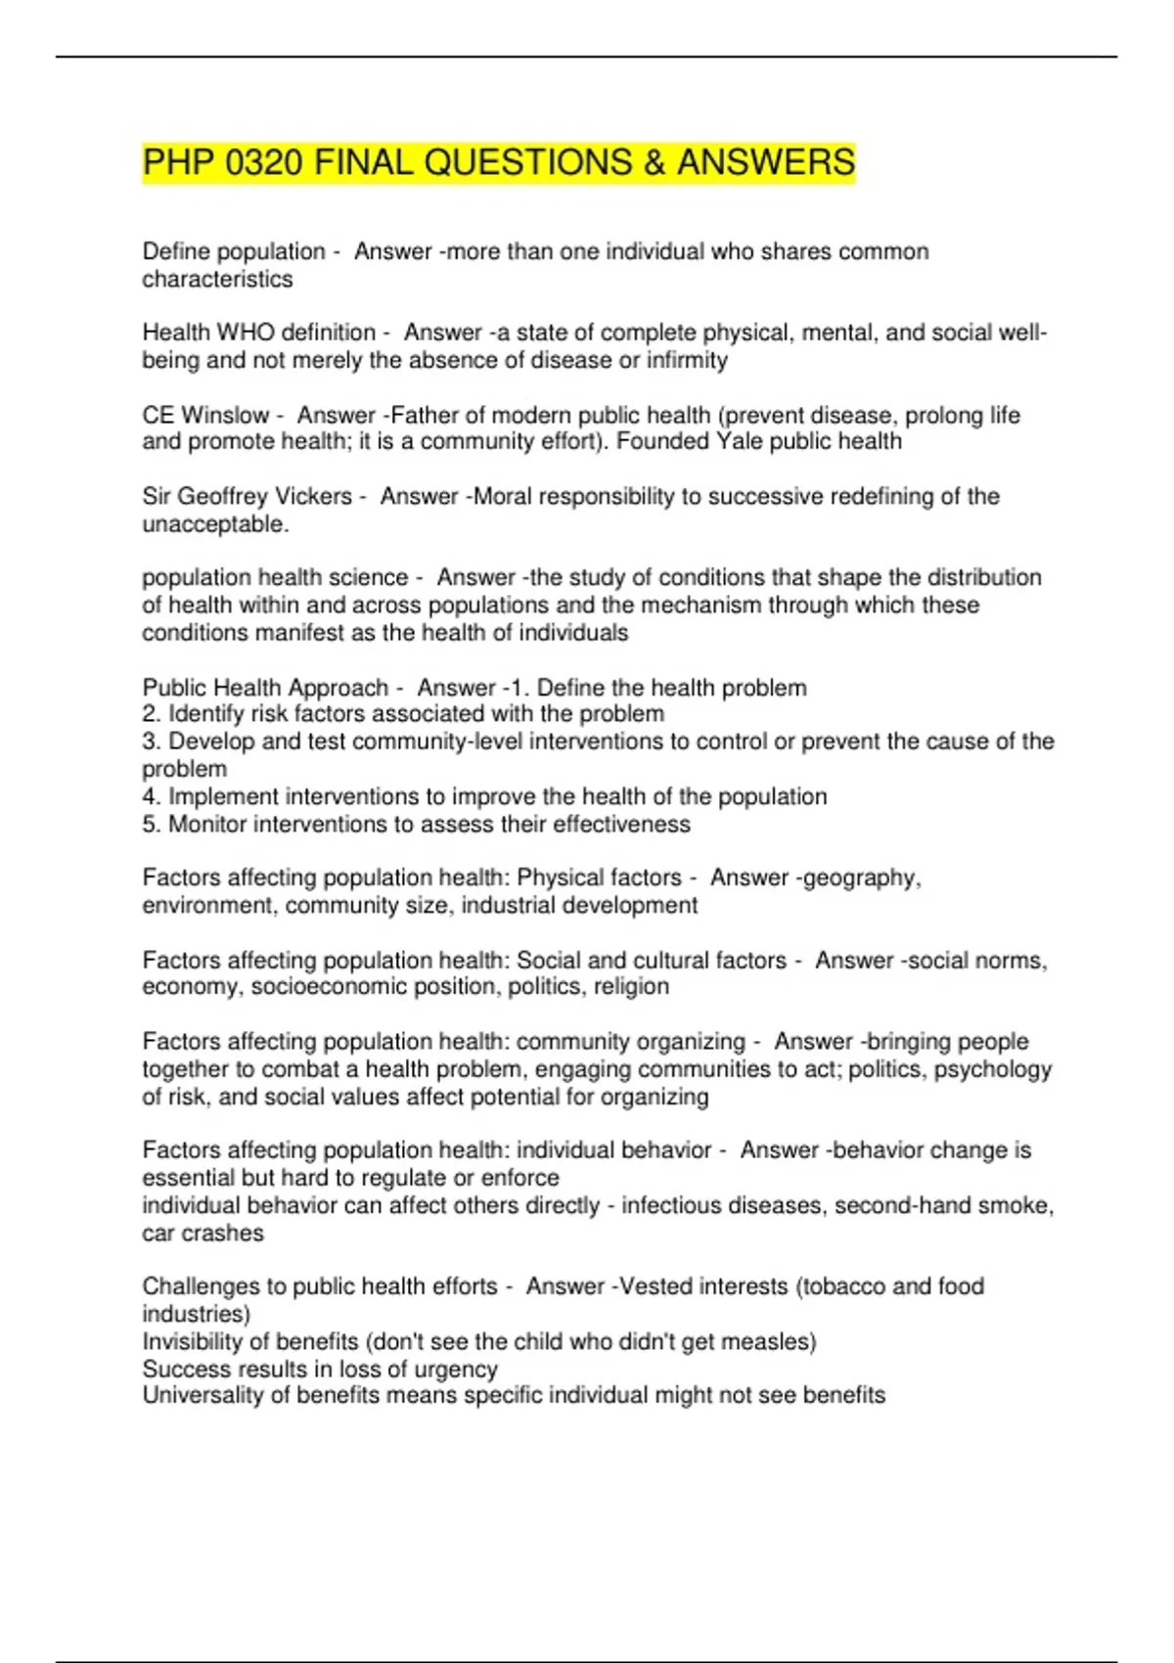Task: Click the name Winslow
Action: (x=225, y=415)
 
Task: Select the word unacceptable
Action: (x=215, y=524)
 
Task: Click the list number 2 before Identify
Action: (x=151, y=714)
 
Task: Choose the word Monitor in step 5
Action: (x=207, y=825)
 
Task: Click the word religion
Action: (x=630, y=986)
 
